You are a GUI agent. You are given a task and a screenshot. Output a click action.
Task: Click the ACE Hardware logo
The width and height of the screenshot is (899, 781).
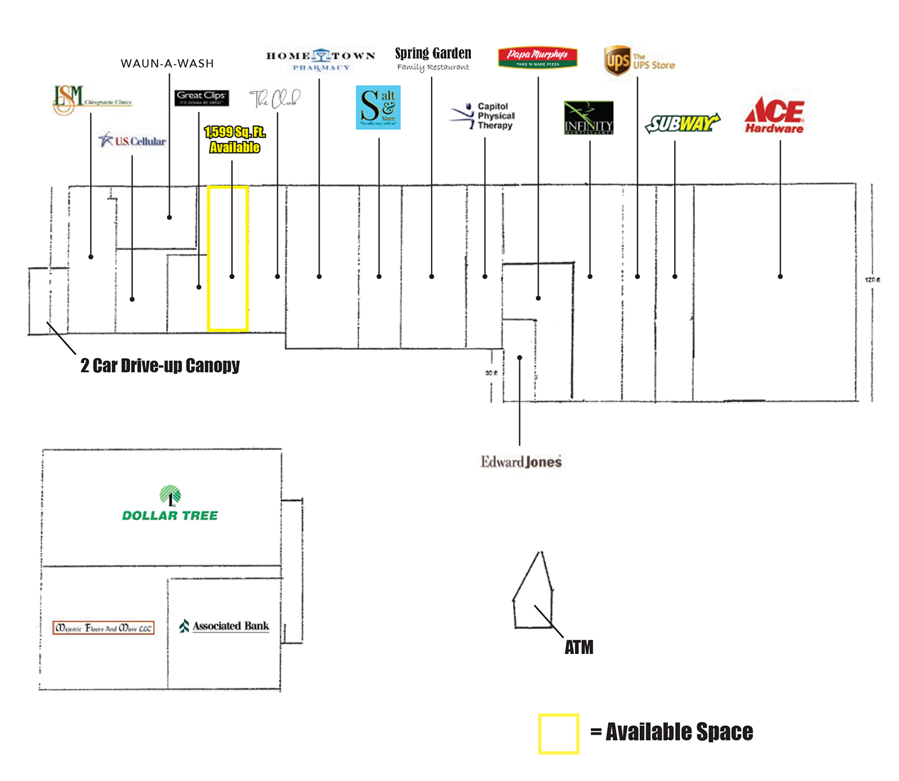(774, 115)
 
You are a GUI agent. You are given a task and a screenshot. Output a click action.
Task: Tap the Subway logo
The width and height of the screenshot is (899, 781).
(682, 123)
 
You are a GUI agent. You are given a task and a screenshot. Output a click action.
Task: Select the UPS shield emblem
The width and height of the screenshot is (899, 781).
(616, 60)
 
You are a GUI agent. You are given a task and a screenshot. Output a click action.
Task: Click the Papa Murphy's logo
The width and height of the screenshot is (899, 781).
(537, 57)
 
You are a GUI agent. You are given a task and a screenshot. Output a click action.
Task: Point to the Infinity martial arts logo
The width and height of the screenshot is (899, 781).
(589, 118)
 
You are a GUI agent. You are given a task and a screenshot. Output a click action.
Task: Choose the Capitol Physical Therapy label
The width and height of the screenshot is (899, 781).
(484, 116)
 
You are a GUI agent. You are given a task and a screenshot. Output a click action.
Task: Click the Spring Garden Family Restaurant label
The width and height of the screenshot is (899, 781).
(433, 58)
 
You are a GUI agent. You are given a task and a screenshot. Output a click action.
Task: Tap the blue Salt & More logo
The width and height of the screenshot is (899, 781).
(378, 107)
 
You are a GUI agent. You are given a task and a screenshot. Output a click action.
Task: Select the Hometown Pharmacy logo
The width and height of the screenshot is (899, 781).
(320, 60)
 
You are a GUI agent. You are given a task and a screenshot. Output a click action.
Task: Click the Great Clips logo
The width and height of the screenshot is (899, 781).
(201, 97)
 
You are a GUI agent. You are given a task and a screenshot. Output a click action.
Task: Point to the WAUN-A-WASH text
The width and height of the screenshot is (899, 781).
(167, 63)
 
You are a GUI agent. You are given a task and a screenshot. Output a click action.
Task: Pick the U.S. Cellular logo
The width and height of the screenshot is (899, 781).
(132, 141)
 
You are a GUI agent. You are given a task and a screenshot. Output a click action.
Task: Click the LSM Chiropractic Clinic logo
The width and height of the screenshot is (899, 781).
(91, 100)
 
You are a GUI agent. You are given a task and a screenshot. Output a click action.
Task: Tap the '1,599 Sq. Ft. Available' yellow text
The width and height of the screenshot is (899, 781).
(235, 140)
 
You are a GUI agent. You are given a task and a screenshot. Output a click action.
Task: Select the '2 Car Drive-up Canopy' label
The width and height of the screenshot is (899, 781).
(160, 366)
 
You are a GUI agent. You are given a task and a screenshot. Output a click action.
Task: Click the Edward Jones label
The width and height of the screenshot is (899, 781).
(521, 462)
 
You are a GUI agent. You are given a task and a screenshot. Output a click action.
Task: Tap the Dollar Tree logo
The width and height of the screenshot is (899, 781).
(170, 504)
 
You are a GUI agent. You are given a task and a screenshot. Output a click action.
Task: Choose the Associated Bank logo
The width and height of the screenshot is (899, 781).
(224, 626)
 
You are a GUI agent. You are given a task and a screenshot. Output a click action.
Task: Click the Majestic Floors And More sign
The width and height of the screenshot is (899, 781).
(103, 628)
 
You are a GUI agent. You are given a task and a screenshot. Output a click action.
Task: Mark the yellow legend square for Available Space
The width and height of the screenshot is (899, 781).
(558, 733)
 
